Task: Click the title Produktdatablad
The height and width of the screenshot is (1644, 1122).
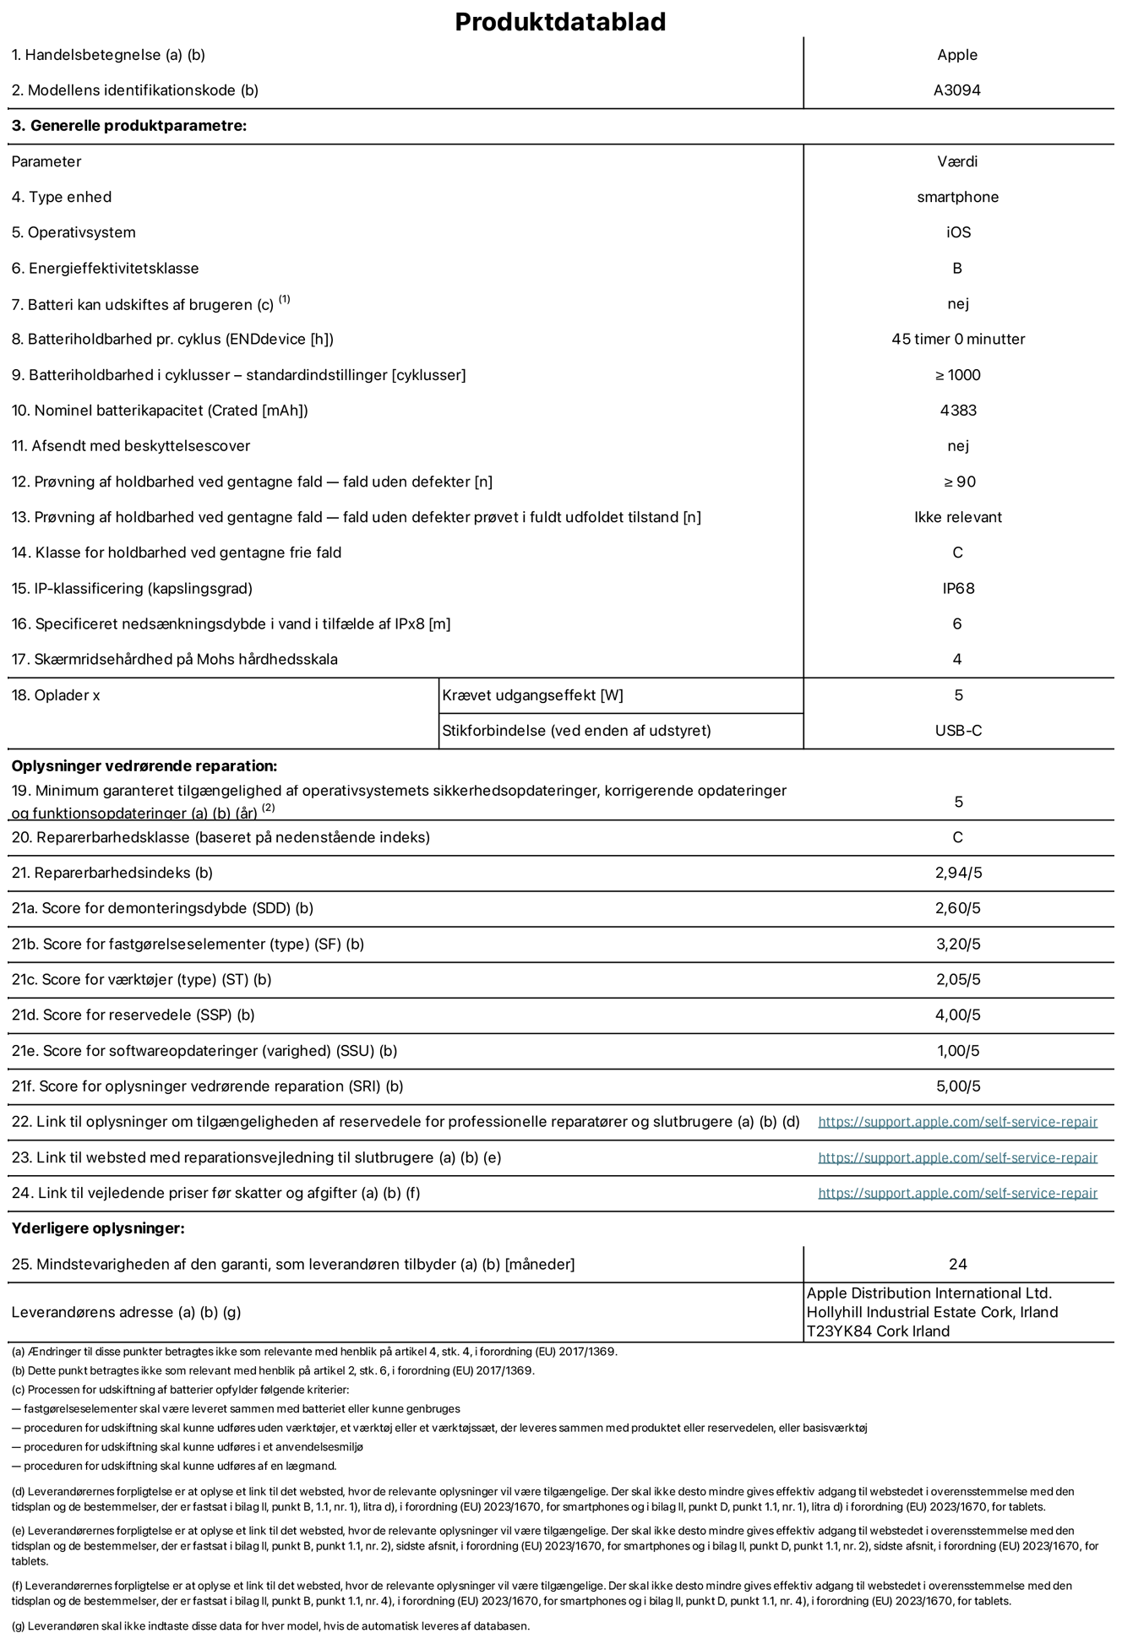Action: [560, 22]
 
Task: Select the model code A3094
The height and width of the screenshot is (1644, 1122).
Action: [956, 90]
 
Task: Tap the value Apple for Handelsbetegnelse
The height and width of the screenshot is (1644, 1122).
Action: [956, 55]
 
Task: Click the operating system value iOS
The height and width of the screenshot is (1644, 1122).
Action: [958, 232]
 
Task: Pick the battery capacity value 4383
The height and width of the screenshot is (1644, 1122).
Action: [957, 411]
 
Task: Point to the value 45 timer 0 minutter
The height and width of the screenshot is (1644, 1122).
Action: [957, 339]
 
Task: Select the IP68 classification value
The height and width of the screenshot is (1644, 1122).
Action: [958, 588]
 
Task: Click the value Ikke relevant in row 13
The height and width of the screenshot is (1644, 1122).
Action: [957, 517]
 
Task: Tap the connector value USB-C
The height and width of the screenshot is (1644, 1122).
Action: [957, 731]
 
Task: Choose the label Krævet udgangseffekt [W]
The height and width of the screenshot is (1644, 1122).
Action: [532, 695]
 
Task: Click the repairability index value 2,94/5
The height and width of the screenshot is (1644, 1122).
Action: [958, 873]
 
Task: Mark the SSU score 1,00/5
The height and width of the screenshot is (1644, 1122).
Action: [958, 1051]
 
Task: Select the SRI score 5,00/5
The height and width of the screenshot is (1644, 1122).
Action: [958, 1086]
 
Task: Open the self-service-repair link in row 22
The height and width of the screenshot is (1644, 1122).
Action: [957, 1122]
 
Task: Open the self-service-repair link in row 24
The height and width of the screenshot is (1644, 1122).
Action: [957, 1193]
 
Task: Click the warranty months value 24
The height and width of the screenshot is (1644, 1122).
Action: [957, 1264]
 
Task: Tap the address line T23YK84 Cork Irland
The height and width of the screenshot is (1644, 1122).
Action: [878, 1331]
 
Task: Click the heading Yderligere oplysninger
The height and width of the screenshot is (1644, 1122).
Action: [98, 1228]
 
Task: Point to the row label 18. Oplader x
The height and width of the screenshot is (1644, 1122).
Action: [56, 695]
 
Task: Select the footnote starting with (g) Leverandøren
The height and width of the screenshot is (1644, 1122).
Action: [270, 1625]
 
